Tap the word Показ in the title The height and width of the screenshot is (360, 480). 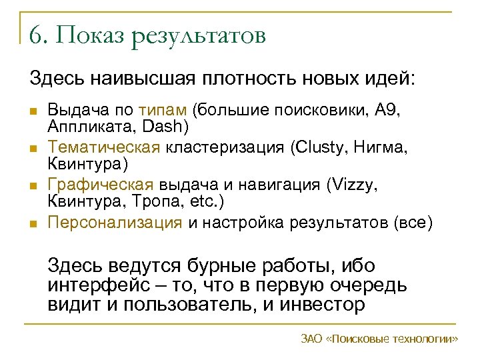pos(88,35)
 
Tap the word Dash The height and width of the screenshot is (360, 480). pos(167,125)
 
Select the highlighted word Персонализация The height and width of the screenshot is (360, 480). pos(115,222)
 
